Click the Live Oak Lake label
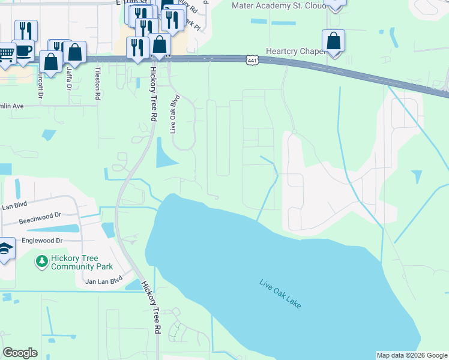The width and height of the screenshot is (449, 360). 280,294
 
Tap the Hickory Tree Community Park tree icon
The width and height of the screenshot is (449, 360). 41,261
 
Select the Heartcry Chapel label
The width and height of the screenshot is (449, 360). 295,52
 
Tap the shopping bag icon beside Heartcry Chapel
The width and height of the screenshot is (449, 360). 334,41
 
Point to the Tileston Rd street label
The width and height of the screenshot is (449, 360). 97,82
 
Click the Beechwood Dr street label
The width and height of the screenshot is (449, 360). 40,214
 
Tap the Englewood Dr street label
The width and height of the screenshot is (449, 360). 43,240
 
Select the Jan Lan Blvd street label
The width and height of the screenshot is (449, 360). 104,280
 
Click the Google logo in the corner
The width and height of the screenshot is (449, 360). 20,353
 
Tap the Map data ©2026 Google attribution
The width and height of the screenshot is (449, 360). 412,355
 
